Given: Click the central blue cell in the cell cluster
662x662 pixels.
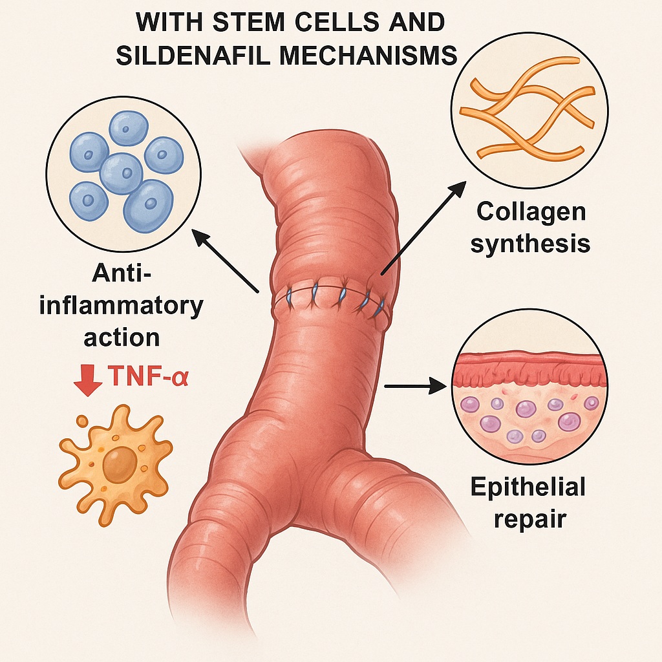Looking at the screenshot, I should pyautogui.click(x=121, y=173).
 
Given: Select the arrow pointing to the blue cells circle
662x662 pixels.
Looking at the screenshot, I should pyautogui.click(x=226, y=262).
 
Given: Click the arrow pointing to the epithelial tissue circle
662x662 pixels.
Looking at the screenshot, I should pyautogui.click(x=417, y=387).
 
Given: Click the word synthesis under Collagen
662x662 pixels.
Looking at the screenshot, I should pyautogui.click(x=530, y=244).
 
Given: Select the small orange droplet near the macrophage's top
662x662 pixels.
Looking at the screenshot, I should pyautogui.click(x=82, y=422).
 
